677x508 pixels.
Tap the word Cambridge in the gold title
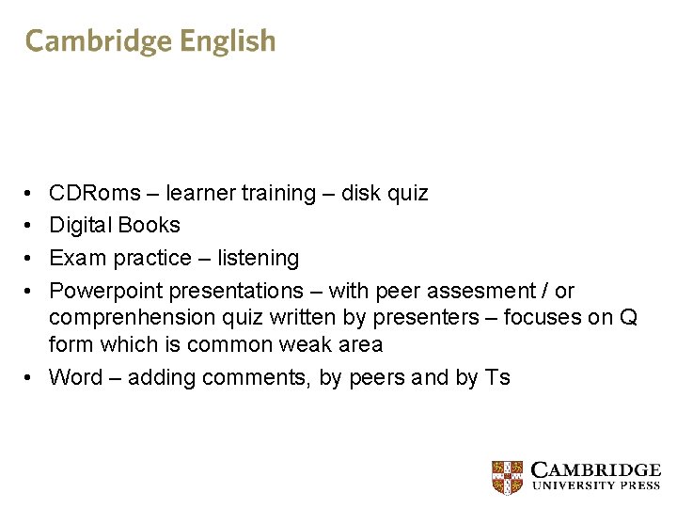[x=99, y=41]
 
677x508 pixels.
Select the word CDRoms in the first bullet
[x=94, y=194]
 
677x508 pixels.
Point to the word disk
[x=360, y=194]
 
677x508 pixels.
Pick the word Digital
[x=80, y=225]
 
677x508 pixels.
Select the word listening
[x=258, y=258]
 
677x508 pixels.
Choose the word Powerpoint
[x=105, y=291]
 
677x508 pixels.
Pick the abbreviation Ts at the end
[x=496, y=378]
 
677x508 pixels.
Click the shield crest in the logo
[x=508, y=477]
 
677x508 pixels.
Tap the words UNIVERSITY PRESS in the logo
[x=596, y=485]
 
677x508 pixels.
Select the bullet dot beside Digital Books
[x=30, y=226]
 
